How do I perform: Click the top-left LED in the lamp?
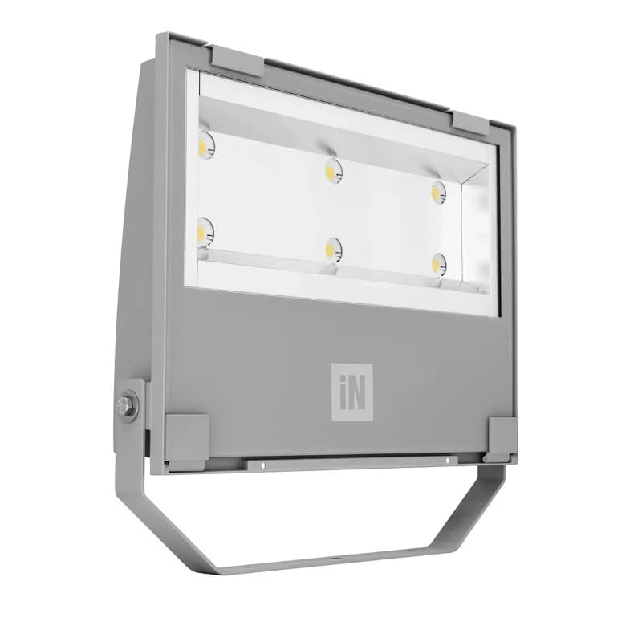tap(205, 145)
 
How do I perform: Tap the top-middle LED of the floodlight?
tap(333, 170)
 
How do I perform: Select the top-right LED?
tap(438, 192)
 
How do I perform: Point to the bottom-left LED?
tap(204, 232)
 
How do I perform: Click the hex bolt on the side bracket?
tap(125, 406)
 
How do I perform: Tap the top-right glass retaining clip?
tap(470, 122)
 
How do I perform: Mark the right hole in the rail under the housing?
tap(447, 461)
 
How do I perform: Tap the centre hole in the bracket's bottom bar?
tap(335, 557)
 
